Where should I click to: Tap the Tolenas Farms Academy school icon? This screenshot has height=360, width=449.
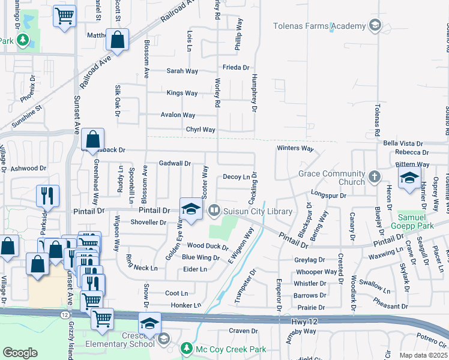tap(375, 25)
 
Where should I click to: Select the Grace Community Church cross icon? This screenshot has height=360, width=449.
tap(375, 176)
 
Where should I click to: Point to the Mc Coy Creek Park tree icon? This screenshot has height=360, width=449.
tap(187, 348)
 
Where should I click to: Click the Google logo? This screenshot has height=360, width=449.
tap(20, 353)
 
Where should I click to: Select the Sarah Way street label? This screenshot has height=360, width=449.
tap(182, 71)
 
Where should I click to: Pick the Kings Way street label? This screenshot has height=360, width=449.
tap(182, 93)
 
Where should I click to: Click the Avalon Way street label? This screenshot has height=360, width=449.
tap(178, 115)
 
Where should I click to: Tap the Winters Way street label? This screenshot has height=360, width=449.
tap(295, 148)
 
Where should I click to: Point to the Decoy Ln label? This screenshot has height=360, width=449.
tap(236, 177)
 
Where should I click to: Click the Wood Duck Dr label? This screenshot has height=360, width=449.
tap(208, 246)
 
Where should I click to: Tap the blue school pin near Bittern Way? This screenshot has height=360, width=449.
tap(409, 178)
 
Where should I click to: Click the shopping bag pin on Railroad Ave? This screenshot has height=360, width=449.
tap(118, 40)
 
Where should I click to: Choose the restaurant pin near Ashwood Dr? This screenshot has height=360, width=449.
tap(47, 196)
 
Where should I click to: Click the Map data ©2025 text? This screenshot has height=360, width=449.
tap(423, 355)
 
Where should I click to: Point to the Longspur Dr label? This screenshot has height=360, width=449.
tap(328, 195)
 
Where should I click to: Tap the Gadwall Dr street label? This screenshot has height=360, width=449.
tap(175, 163)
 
